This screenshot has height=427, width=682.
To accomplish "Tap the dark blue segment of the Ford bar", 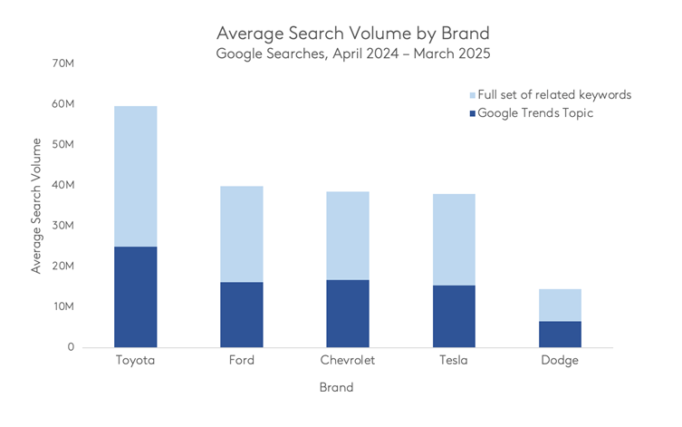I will [241, 315].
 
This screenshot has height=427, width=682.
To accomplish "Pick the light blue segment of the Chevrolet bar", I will [347, 236].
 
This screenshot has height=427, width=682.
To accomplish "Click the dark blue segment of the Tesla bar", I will [453, 316].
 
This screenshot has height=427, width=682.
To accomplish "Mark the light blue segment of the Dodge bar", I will [559, 305].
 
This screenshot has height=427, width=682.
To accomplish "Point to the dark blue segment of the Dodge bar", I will [559, 334].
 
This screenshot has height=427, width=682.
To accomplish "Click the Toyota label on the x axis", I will [135, 361].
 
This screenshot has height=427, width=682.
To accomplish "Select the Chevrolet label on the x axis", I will [347, 361].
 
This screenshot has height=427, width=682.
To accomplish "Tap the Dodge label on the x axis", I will [559, 361].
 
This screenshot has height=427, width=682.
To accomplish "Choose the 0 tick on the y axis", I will [70, 347].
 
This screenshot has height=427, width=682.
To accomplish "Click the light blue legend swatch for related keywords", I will [468, 95].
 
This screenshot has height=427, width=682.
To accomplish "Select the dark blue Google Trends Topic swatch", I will [468, 113].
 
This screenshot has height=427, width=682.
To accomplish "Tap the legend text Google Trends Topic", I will [534, 113].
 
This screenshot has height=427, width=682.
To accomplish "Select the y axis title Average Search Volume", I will [36, 206].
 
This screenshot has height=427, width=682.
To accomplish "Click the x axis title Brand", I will [336, 388].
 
